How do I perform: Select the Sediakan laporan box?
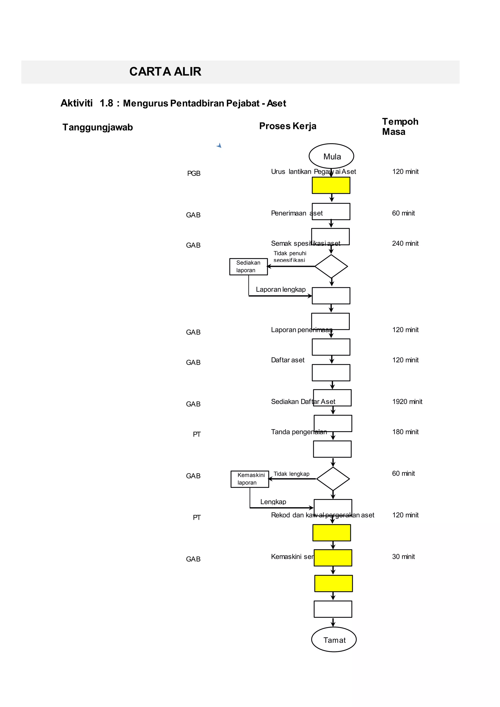coord(249,266)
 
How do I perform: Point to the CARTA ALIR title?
coord(165,72)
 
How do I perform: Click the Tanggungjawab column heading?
coord(98,127)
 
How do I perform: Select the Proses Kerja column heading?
coord(288,126)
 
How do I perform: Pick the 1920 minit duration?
coord(407,402)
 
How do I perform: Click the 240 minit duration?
coord(405,243)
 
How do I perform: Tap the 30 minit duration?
coord(403,556)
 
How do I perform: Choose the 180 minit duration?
coord(405,432)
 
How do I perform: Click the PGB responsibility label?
coord(194,173)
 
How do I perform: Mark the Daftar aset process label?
coord(288,360)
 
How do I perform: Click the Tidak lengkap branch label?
coord(291,474)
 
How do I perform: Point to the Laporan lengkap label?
coord(281,290)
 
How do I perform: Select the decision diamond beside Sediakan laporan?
coord(331,266)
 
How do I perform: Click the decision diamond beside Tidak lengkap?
coord(333,479)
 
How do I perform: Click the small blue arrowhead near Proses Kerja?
coord(219,145)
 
